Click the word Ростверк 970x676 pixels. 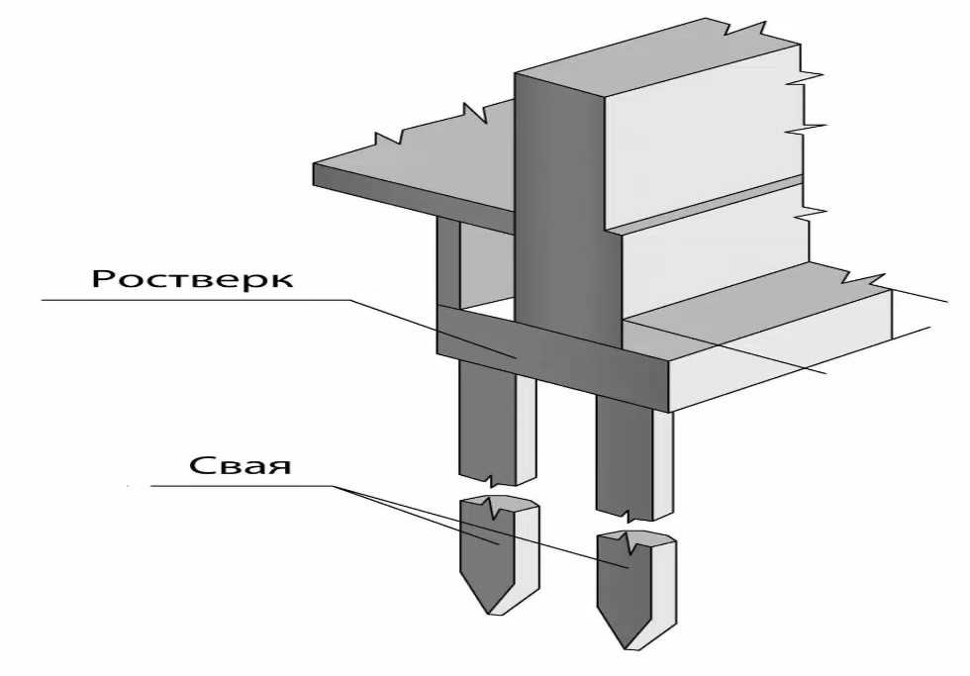pos(192,278)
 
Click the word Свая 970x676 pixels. pos(240,465)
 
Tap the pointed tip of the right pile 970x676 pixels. pos(627,649)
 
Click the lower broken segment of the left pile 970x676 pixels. pos(499,553)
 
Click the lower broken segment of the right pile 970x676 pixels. pos(635,589)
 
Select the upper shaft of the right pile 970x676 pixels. pos(633,457)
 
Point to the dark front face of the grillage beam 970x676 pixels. pos(552,357)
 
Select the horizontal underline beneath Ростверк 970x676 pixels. pos(197,300)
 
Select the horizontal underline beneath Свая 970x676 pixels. pos(242,486)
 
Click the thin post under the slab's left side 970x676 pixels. pos(448,261)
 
